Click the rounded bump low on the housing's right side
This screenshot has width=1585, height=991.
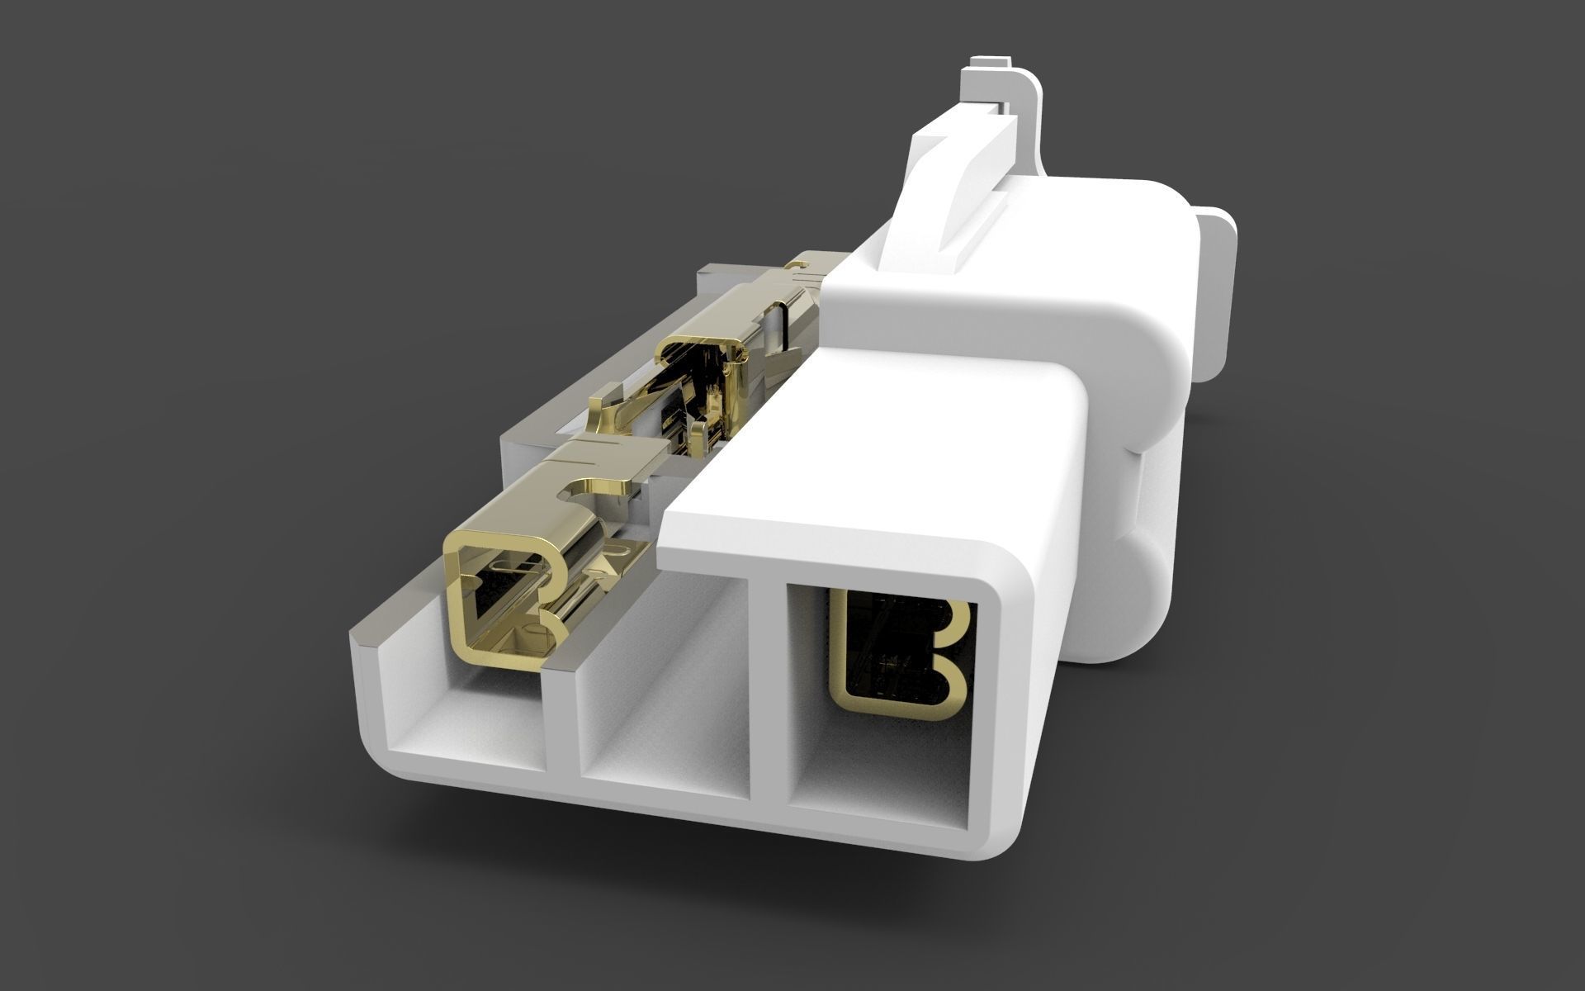(x=1147, y=578)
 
